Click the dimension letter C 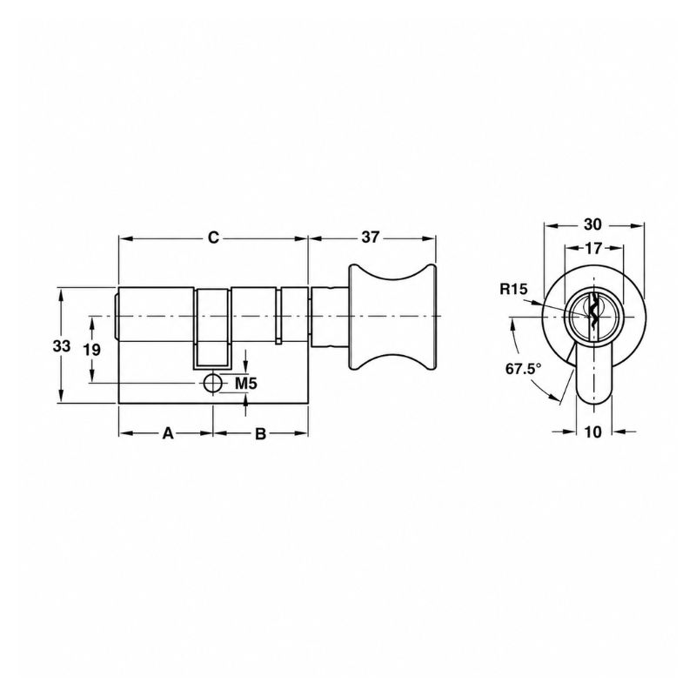click(x=214, y=238)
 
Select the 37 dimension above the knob click(x=371, y=238)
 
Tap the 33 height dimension click(x=61, y=345)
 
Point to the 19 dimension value click(x=92, y=350)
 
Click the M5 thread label click(x=246, y=383)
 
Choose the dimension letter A click(x=167, y=433)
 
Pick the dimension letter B click(x=260, y=433)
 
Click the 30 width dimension click(x=592, y=224)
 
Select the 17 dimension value click(x=593, y=249)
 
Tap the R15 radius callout click(x=513, y=290)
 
